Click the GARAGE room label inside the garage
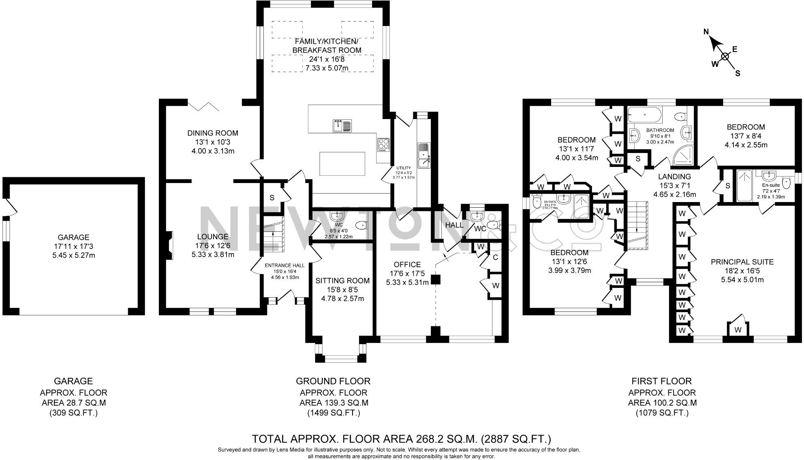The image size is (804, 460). pos(73,237)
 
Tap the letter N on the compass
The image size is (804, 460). pos(706,32)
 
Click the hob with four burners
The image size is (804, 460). pos(383,144)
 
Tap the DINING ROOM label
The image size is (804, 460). pos(213,133)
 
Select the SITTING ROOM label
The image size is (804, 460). pos(342,281)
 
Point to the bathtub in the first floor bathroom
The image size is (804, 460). pos(644,115)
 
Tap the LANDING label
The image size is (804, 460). pos(674,177)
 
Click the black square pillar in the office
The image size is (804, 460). pos(436,279)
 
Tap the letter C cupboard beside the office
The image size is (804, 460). pos(495,257)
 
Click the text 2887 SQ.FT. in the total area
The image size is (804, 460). pos(515,439)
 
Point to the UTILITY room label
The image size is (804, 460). pos(404,168)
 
